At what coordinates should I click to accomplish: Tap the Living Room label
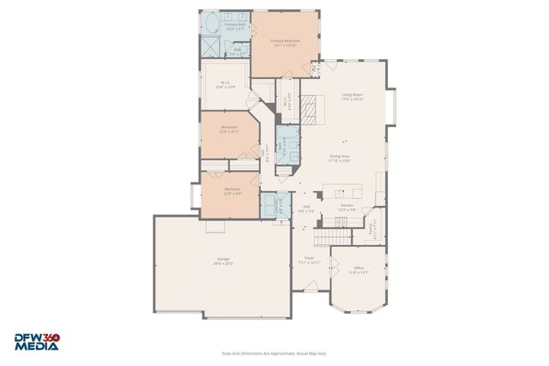[x=353, y=97]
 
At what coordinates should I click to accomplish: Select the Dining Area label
[x=340, y=159]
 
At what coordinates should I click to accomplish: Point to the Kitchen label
[x=347, y=207]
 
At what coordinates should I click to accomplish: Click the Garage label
[x=222, y=261]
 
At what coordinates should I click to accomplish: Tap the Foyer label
[x=308, y=261]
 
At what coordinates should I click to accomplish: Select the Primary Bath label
[x=235, y=27]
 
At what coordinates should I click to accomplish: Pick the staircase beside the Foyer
[x=327, y=236]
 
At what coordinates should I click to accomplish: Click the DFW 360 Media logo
[x=36, y=342]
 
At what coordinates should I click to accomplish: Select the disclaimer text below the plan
[x=274, y=353]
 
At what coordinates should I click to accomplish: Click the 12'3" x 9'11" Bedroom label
[x=229, y=129]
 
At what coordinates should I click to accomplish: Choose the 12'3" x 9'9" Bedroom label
[x=232, y=191]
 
